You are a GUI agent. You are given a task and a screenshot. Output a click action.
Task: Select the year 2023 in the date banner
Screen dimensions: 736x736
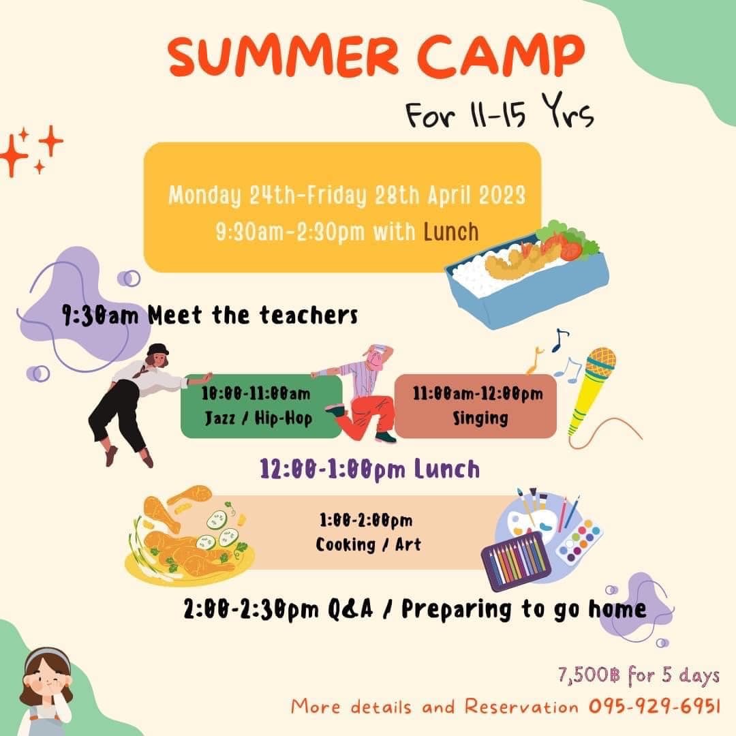point(502,194)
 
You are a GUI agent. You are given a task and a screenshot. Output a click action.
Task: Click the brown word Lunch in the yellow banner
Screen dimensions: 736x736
point(451,232)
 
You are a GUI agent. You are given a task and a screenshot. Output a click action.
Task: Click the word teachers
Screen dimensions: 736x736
point(309,315)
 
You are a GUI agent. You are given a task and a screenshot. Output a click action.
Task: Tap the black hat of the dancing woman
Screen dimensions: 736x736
point(157,350)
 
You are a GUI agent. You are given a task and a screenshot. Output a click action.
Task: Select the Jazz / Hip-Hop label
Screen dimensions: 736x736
point(259,418)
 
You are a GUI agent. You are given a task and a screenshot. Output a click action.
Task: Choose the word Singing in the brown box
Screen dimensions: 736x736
point(480,418)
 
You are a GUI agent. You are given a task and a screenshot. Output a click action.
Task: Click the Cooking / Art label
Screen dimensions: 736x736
point(368,545)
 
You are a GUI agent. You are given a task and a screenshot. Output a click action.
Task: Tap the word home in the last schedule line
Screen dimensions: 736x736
point(617,609)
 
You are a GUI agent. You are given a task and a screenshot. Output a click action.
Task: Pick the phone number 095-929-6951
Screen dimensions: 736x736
point(654,705)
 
